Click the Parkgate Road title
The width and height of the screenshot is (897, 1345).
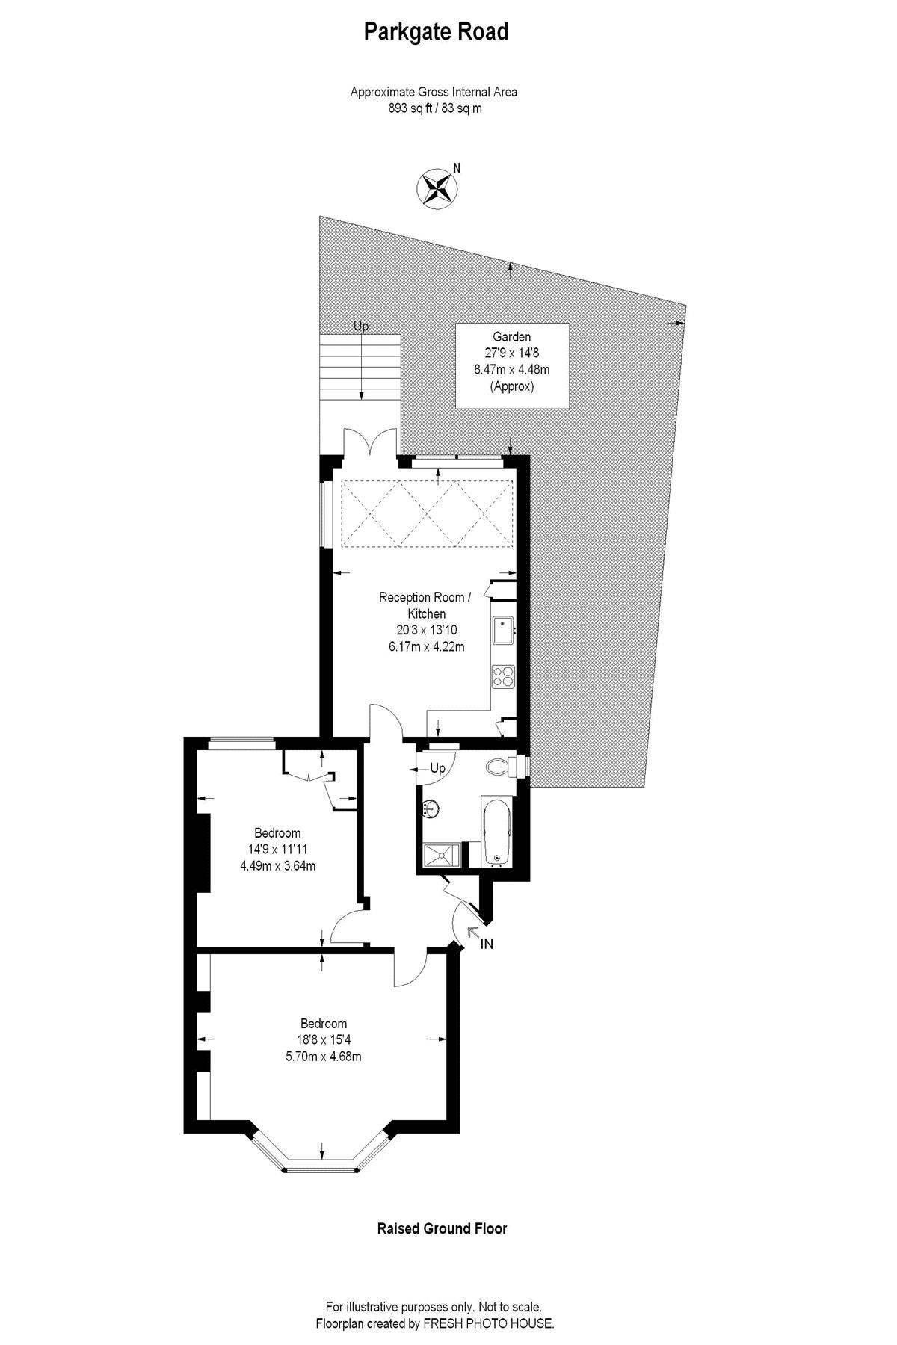click(436, 32)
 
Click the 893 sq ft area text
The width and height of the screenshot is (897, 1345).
click(434, 108)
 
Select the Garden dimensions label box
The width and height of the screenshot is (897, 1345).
click(512, 365)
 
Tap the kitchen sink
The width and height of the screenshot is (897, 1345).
click(502, 630)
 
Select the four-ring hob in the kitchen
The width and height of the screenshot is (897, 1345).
click(503, 676)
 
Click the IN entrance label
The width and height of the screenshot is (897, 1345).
click(487, 944)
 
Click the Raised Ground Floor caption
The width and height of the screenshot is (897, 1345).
click(442, 1228)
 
